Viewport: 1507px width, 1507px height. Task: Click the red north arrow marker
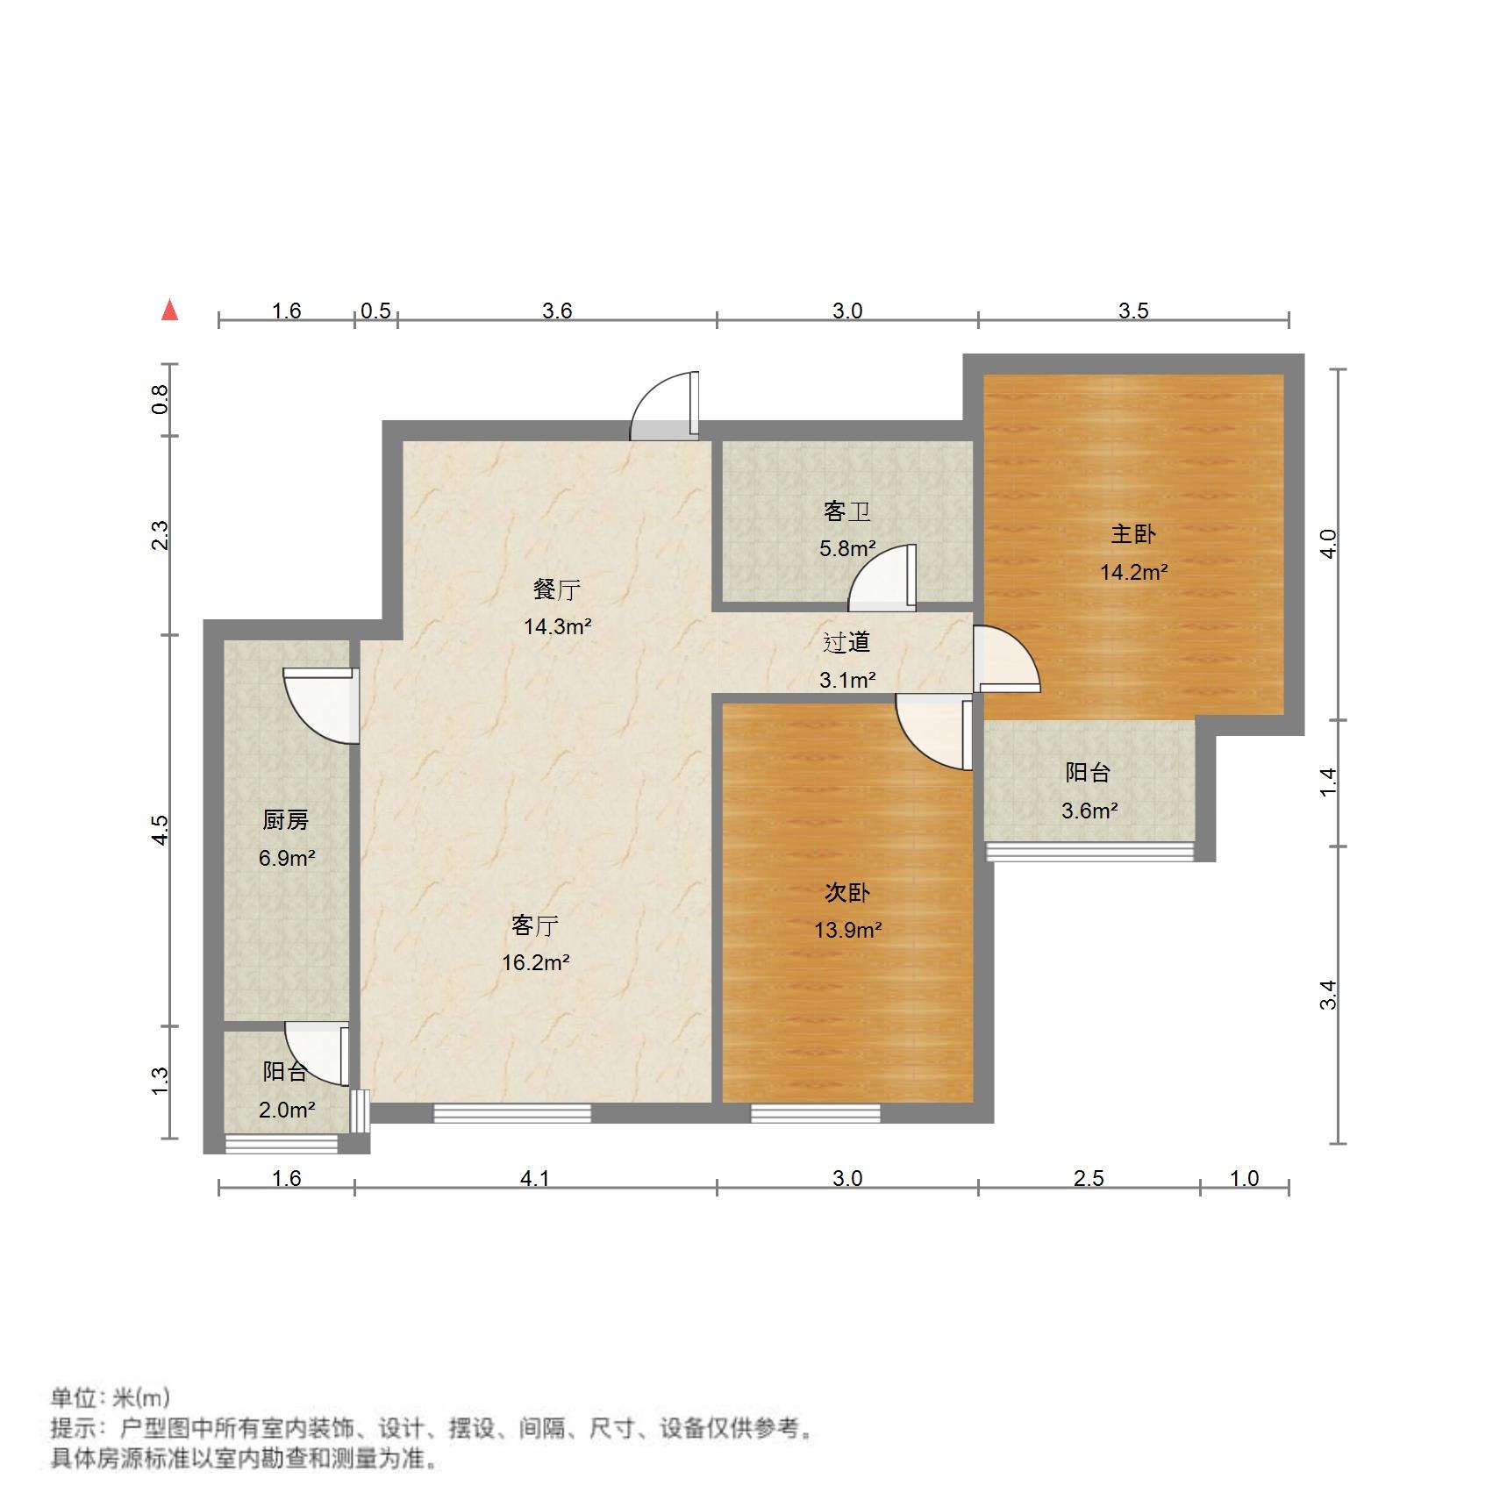pos(169,310)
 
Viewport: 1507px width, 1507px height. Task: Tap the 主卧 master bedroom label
pos(1133,533)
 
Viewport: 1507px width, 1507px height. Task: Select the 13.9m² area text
pos(847,930)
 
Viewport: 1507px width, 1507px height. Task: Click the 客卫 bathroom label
pos(846,511)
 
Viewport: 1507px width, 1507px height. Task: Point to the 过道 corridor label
pos(846,642)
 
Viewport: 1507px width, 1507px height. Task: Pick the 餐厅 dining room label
pos(557,589)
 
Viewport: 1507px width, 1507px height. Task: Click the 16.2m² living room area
pos(535,962)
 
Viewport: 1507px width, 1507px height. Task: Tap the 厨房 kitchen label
pos(285,819)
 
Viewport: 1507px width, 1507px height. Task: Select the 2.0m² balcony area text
pos(287,1110)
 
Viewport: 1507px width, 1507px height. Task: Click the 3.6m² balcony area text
pos(1089,811)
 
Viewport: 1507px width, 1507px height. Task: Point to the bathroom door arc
pos(882,579)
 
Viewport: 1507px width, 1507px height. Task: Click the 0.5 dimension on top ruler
pos(375,311)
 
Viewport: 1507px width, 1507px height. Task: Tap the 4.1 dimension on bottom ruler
pos(535,1178)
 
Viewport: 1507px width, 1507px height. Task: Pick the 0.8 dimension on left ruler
pos(160,400)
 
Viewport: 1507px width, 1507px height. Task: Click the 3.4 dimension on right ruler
pos(1328,995)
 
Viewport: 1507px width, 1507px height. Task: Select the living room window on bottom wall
pos(512,1113)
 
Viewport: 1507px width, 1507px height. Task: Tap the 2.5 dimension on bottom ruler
pos(1089,1178)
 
